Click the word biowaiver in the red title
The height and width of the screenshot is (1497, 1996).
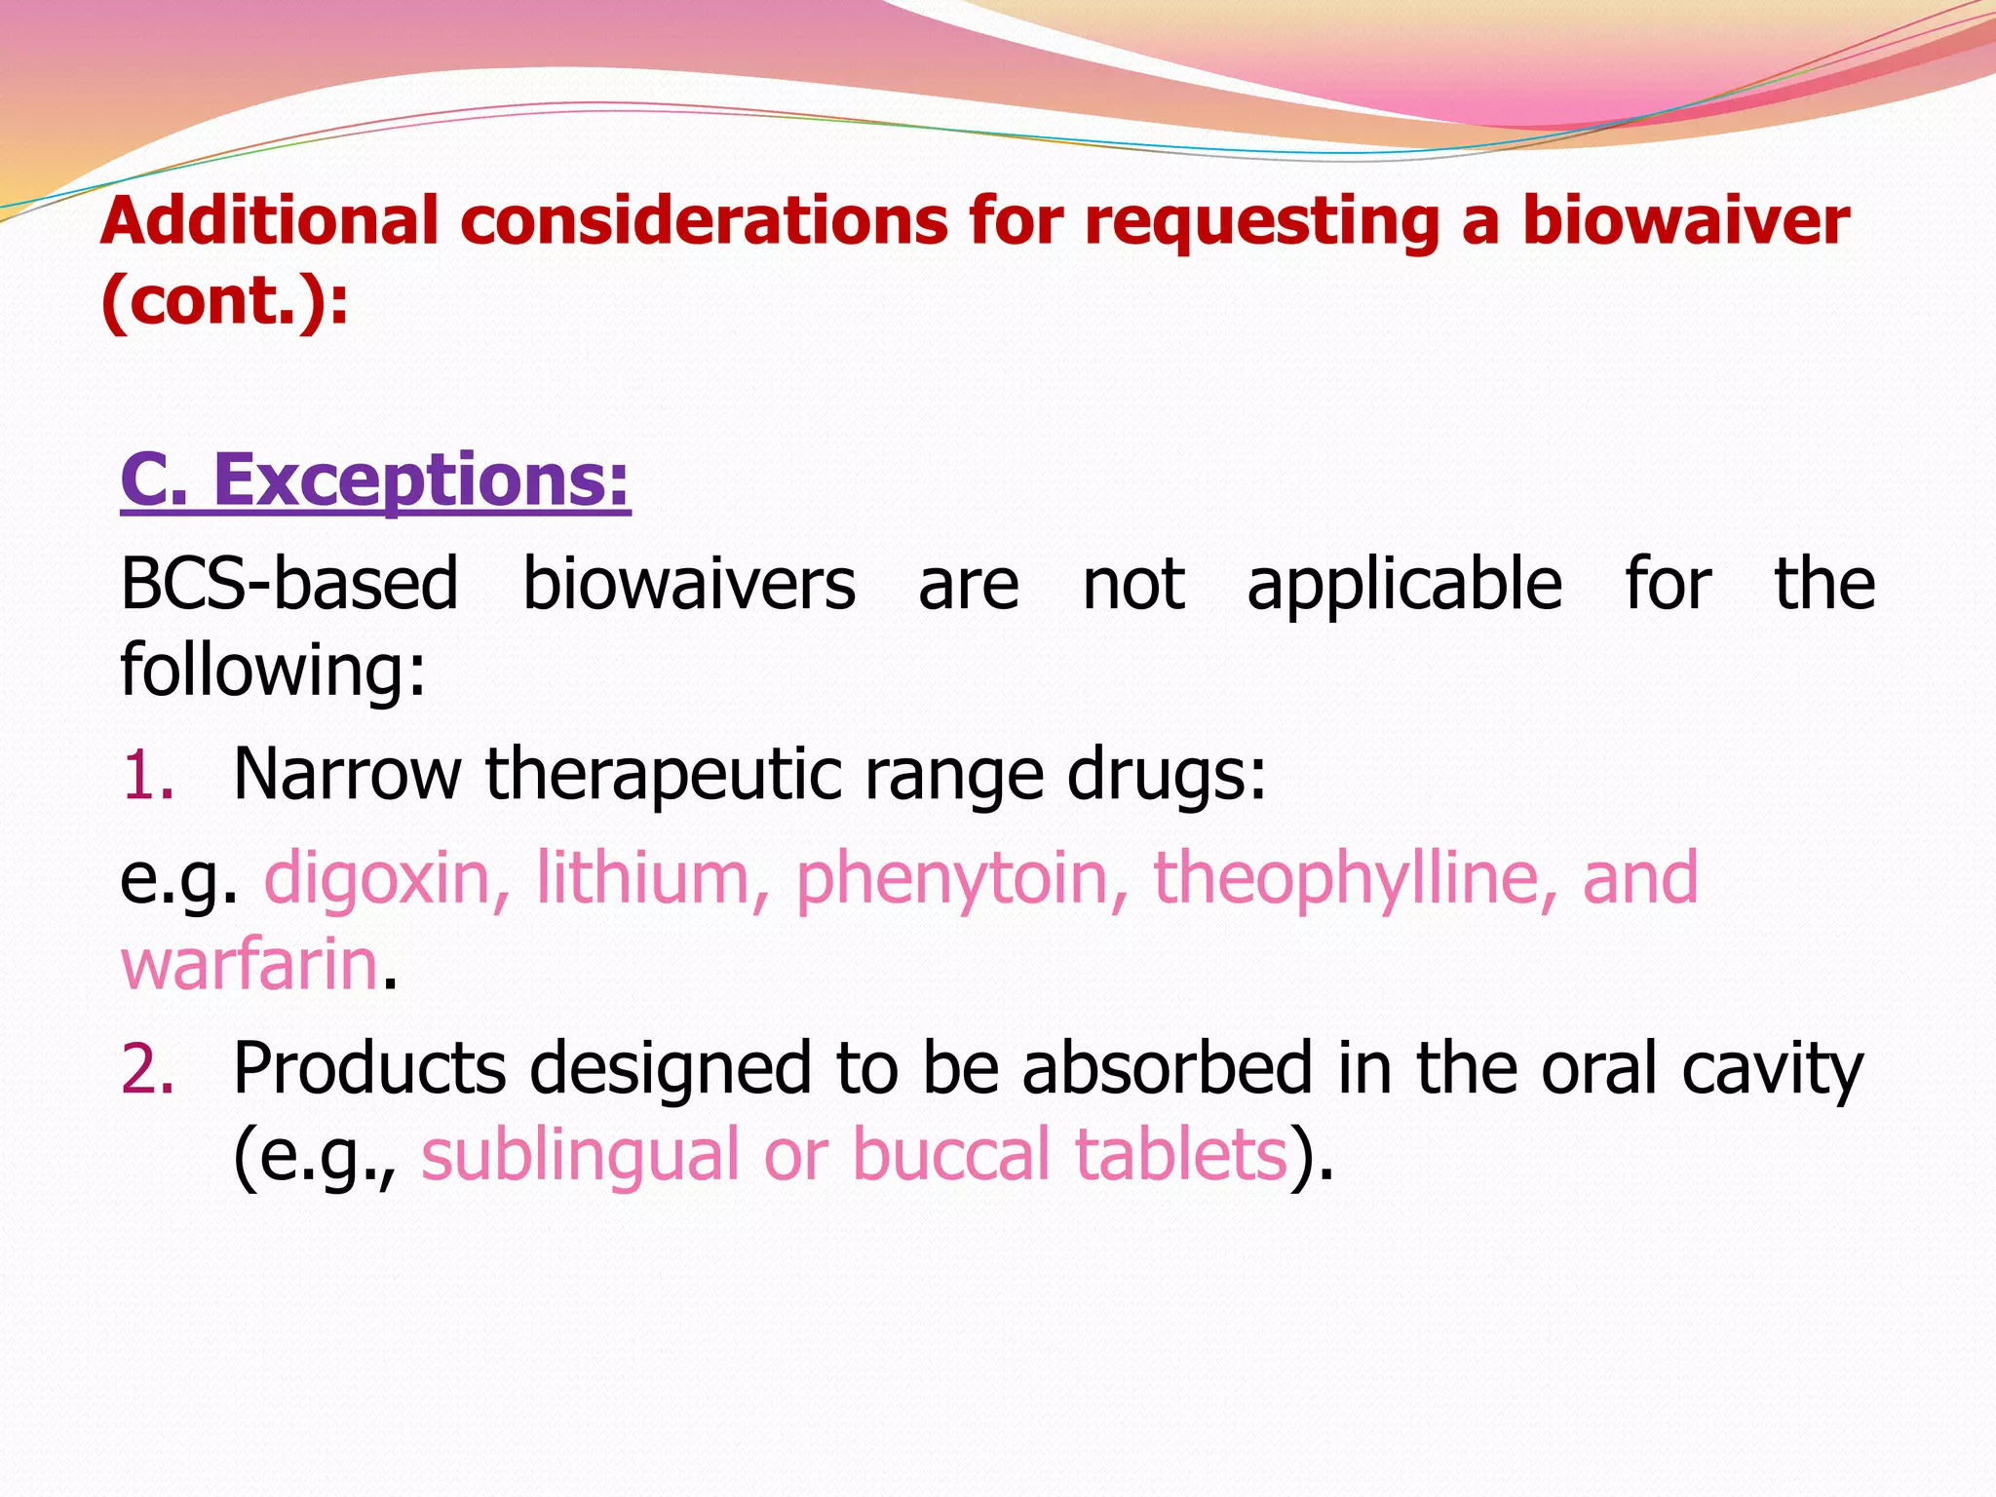1685,220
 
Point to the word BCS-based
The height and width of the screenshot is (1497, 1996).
288,585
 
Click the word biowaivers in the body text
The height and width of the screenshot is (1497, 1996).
688,585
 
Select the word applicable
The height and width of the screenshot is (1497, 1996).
1404,585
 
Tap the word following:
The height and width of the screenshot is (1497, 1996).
273,671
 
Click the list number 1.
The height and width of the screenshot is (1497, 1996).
147,776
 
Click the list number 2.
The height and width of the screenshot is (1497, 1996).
147,1070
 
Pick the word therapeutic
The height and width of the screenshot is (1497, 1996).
663,776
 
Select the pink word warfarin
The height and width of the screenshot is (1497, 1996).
249,965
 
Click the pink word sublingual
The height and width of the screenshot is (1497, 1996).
580,1156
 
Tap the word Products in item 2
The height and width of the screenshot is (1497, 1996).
369,1070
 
